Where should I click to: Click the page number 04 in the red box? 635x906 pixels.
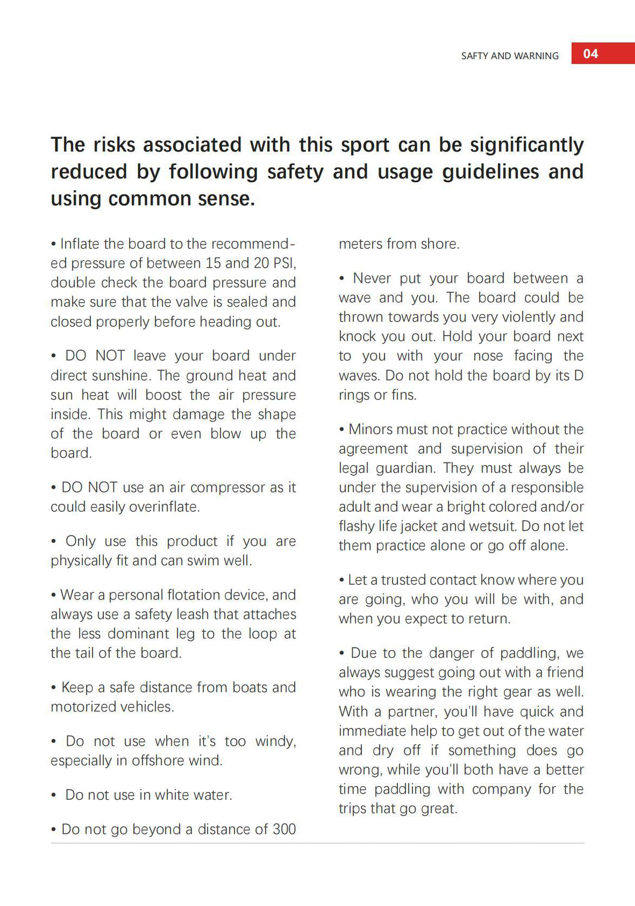[x=590, y=53]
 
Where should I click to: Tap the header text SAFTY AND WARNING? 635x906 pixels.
[x=510, y=56]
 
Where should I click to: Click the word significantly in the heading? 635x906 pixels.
[x=526, y=145]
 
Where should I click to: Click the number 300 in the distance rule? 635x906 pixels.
[x=284, y=829]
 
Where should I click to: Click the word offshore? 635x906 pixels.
[x=148, y=761]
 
